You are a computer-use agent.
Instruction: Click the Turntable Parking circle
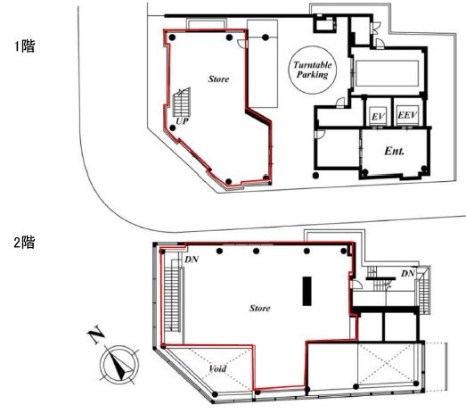(313, 46)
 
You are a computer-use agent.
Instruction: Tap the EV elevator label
(378, 116)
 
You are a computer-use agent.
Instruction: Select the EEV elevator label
(407, 115)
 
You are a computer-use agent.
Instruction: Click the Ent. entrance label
(395, 151)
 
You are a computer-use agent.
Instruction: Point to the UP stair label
(182, 121)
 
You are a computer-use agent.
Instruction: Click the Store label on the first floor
(218, 78)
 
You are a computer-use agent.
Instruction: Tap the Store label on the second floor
(260, 308)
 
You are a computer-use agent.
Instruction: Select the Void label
(217, 369)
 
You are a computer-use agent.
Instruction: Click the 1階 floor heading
(25, 46)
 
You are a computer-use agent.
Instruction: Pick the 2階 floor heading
(24, 243)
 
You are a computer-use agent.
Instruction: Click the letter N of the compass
(96, 336)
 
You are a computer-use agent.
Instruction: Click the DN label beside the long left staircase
(192, 260)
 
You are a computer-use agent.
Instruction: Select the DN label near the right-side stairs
(408, 274)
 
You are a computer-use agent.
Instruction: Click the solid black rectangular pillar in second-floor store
(307, 291)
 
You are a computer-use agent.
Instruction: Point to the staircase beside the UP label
(182, 102)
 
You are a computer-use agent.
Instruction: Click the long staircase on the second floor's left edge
(172, 298)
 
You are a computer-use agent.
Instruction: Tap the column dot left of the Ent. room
(316, 176)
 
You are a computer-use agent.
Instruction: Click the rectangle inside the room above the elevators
(387, 73)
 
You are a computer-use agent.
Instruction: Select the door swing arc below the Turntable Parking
(340, 103)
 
